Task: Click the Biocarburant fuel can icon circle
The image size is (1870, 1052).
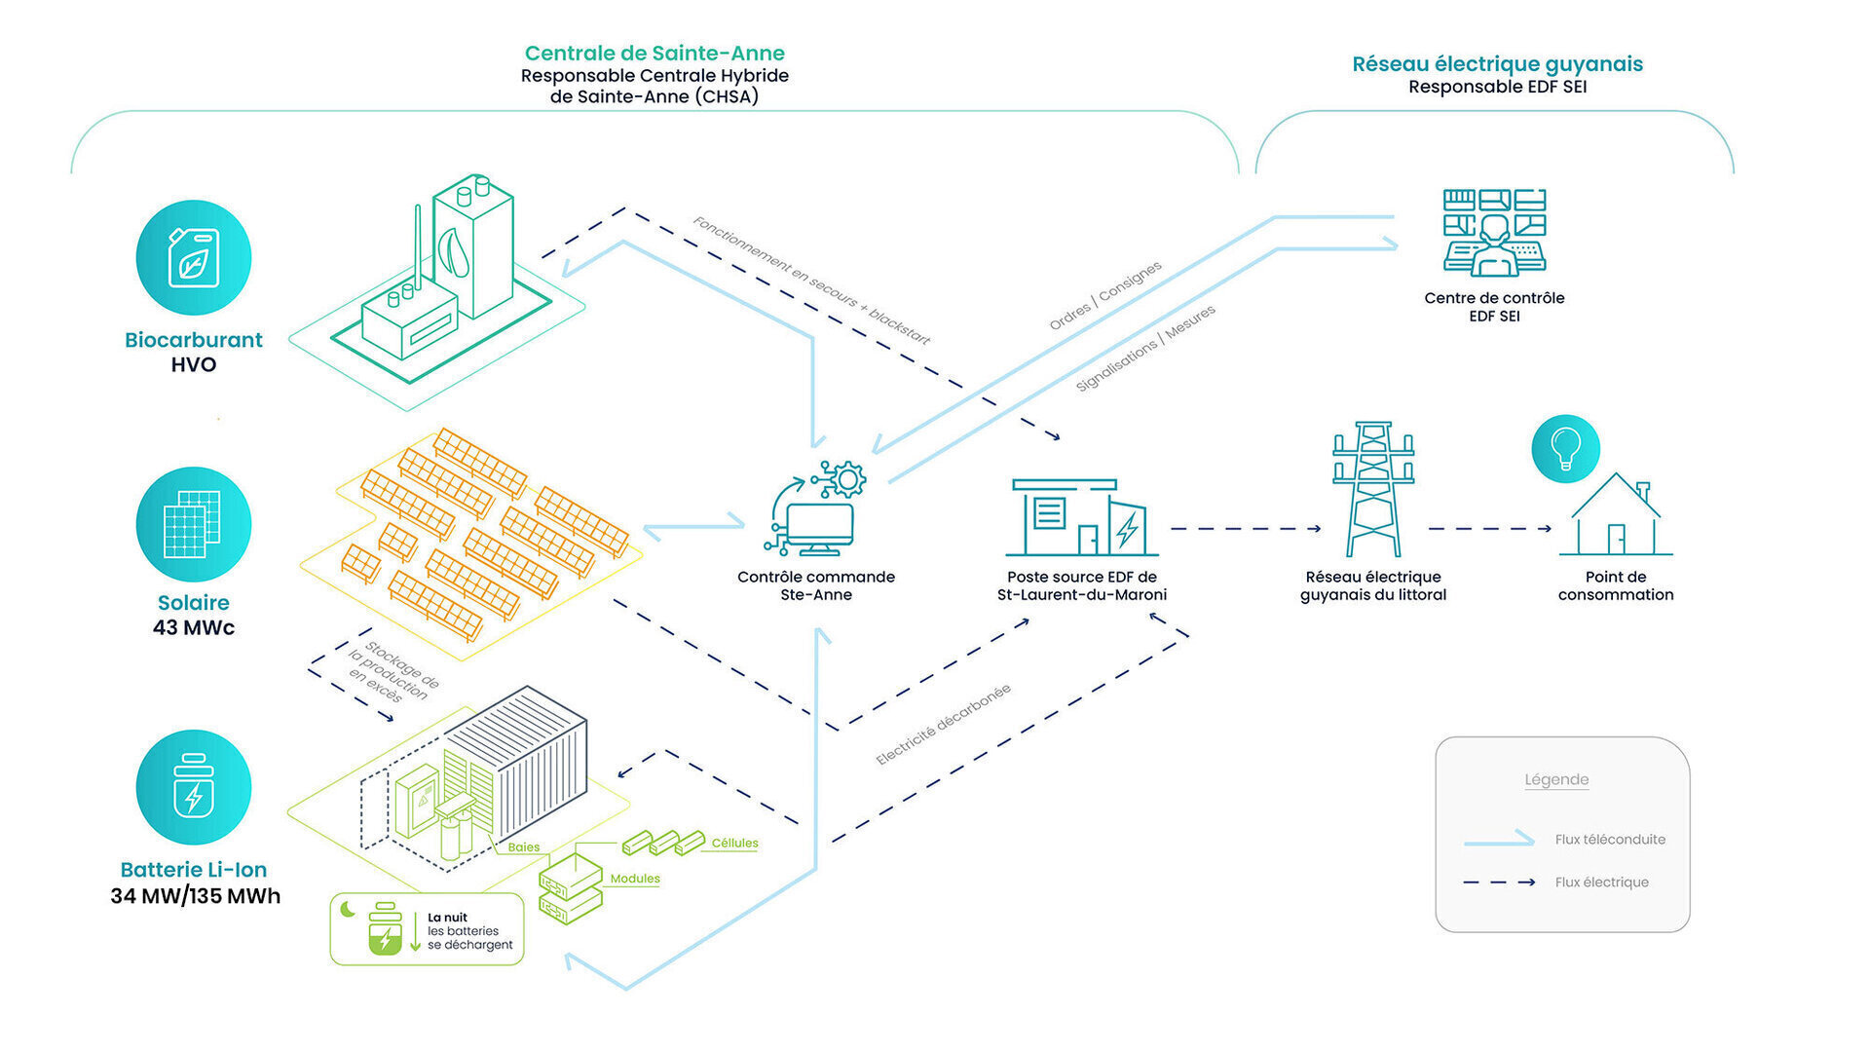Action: [x=193, y=258]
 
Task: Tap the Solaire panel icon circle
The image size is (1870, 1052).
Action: [x=193, y=524]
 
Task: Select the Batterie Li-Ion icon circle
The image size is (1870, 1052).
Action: [x=193, y=787]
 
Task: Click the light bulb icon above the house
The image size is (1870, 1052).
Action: [x=1565, y=449]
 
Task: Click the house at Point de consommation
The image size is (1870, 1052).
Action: [x=1616, y=516]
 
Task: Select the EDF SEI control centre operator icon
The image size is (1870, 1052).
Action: [x=1494, y=233]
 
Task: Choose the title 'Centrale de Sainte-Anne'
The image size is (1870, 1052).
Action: [x=654, y=54]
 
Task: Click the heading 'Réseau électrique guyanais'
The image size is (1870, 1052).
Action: [x=1497, y=64]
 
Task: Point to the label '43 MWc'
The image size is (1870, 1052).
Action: [x=193, y=628]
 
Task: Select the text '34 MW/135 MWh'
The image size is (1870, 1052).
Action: [x=195, y=896]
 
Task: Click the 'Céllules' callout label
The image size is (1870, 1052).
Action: [x=734, y=844]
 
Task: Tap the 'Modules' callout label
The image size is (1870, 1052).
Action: [x=635, y=879]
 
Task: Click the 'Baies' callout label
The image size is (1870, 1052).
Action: [x=523, y=847]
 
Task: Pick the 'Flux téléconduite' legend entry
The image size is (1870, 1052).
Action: [x=1609, y=840]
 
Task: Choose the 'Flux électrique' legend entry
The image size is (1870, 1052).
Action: [x=1601, y=883]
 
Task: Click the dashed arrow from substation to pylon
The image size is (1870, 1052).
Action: [x=1246, y=529]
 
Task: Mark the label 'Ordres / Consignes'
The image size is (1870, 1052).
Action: [x=1104, y=295]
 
